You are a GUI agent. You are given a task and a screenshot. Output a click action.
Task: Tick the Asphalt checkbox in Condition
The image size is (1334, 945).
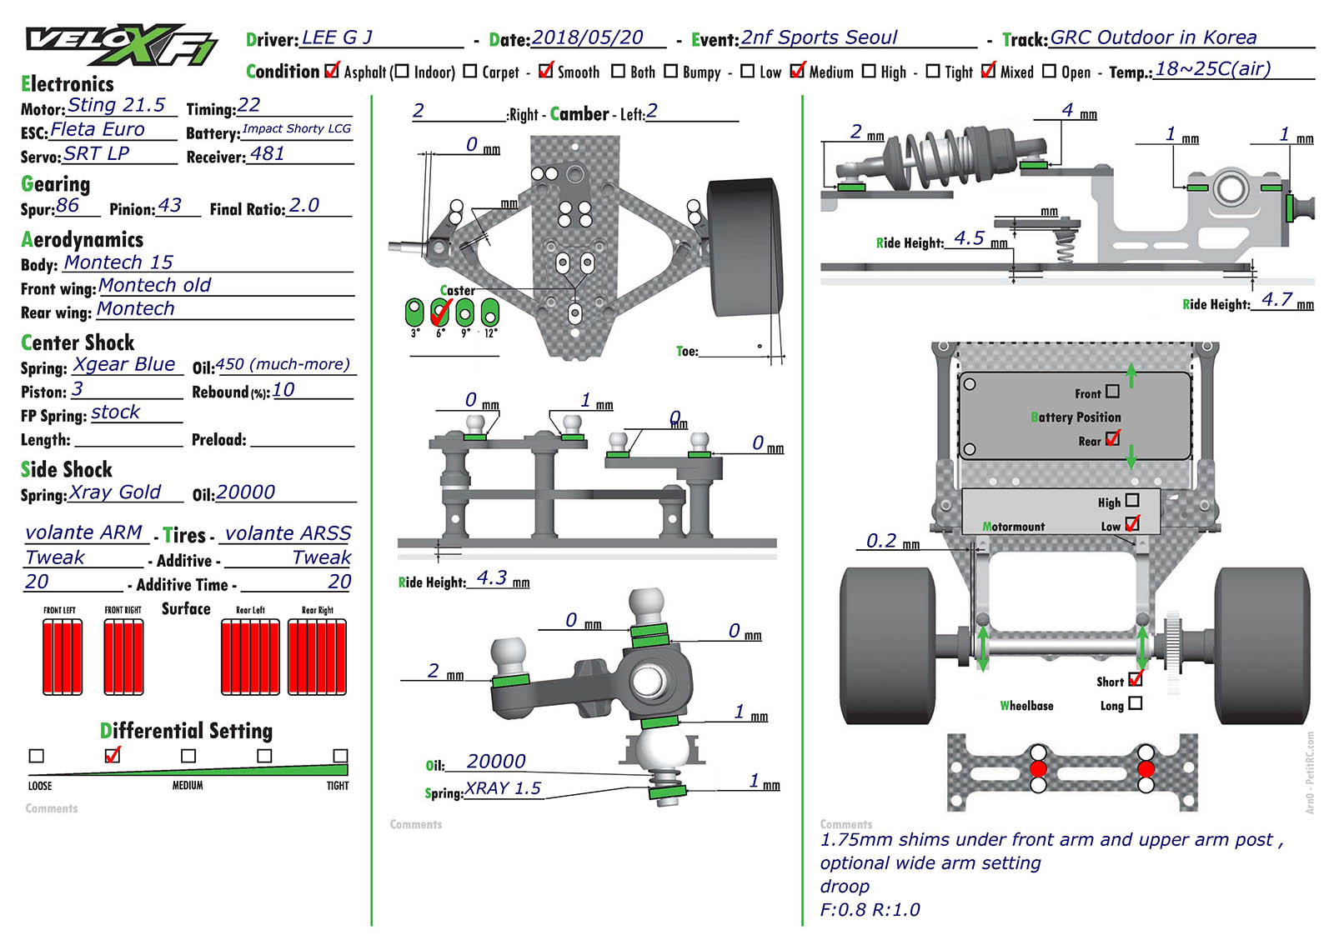[332, 71]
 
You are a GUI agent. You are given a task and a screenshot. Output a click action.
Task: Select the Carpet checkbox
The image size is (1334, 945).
[469, 72]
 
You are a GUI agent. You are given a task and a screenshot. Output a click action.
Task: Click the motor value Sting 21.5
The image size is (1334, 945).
[116, 106]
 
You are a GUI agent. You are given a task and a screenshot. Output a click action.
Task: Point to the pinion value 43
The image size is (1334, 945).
[169, 206]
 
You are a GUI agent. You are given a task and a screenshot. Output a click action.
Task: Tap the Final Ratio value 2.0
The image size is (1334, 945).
[303, 206]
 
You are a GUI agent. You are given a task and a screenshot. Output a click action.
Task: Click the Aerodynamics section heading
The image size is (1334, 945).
[82, 240]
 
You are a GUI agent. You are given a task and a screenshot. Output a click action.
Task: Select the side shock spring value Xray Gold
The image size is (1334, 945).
[115, 492]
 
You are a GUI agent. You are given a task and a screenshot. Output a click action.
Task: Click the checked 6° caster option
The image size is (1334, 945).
[439, 312]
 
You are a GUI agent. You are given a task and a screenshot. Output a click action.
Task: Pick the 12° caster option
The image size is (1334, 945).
[490, 312]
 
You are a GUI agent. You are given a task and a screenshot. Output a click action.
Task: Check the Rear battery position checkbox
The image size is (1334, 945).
[1112, 439]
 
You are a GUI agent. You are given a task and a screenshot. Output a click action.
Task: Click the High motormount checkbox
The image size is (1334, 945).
[1131, 501]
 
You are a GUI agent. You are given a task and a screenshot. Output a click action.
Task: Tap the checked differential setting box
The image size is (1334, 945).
[113, 755]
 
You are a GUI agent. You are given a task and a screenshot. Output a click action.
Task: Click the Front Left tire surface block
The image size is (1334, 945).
[63, 657]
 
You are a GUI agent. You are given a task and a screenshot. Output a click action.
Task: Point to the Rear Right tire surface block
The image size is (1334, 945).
[317, 657]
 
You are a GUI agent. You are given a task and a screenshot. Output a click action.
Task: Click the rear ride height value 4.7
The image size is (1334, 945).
[1276, 300]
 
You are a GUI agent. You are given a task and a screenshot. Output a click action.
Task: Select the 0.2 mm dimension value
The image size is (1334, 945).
[881, 542]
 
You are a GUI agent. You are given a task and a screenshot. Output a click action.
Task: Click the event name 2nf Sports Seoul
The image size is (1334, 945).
[819, 38]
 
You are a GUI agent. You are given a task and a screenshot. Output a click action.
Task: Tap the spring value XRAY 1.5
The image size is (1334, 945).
[503, 788]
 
